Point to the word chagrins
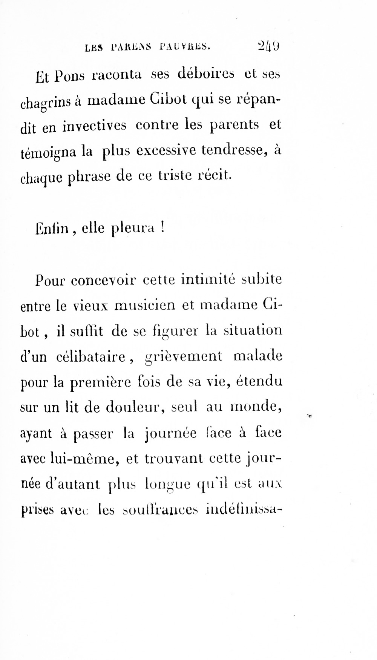click(x=45, y=103)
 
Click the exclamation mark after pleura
click(x=162, y=228)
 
